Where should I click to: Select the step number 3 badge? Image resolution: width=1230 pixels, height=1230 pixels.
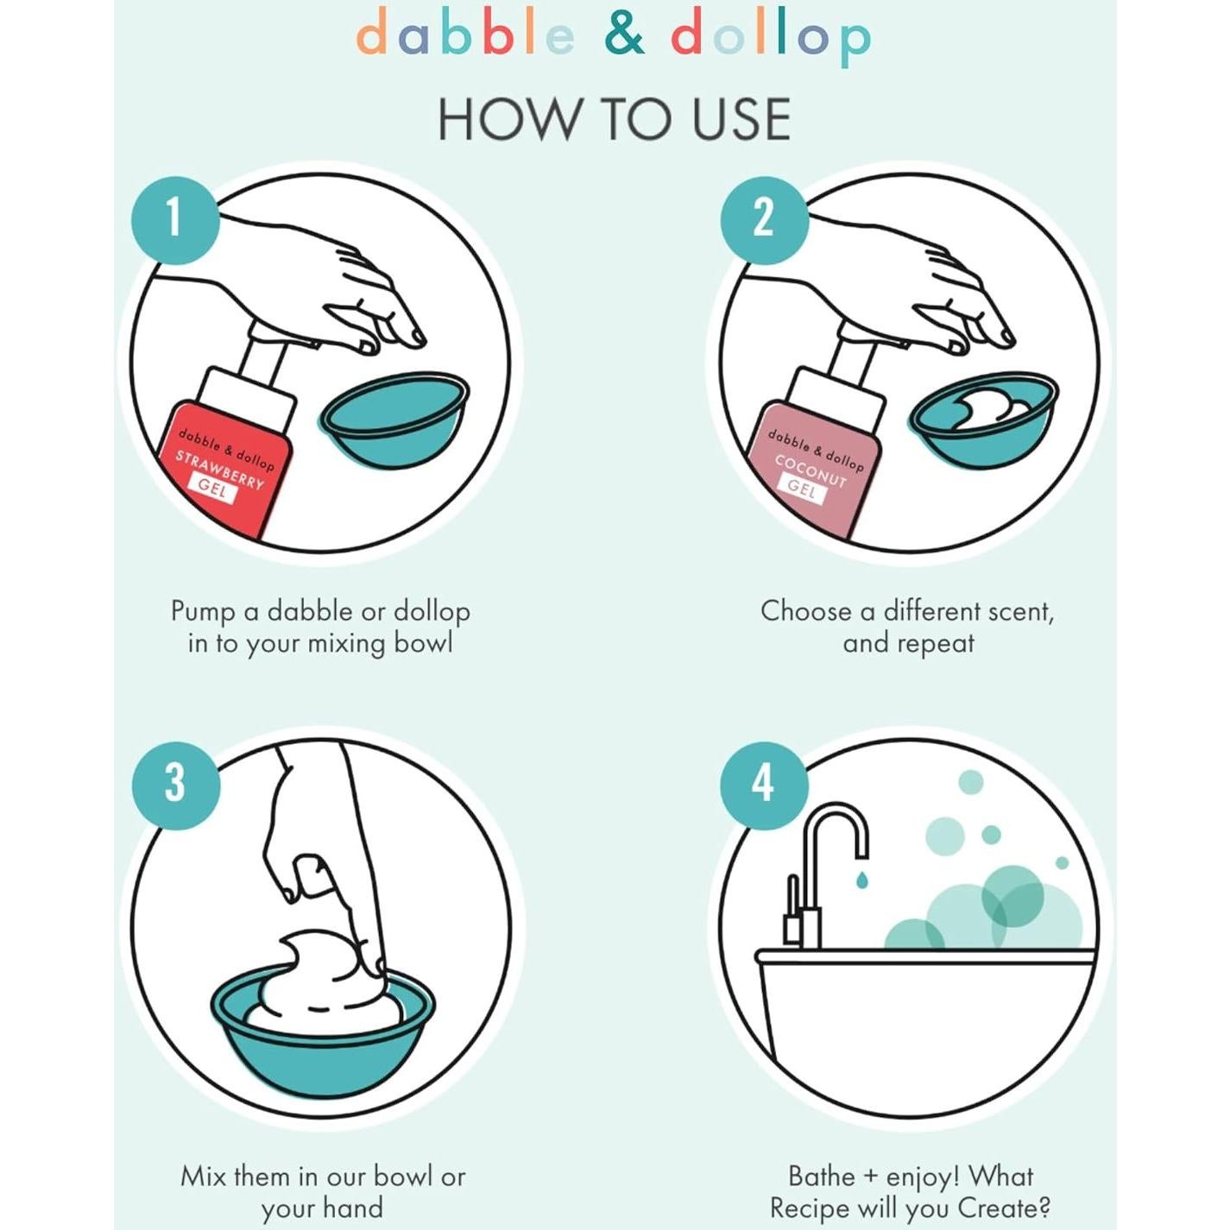click(x=175, y=785)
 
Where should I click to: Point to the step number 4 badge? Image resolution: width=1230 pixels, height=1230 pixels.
click(x=764, y=785)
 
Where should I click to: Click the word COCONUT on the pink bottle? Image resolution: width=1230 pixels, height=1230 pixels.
click(x=811, y=470)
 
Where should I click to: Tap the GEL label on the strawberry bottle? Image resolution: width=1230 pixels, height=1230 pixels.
click(x=211, y=489)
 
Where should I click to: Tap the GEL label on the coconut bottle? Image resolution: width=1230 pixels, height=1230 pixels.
click(x=803, y=489)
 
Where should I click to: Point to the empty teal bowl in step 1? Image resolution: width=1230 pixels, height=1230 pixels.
click(x=394, y=419)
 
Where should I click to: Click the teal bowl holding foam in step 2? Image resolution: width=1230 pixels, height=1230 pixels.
click(x=982, y=419)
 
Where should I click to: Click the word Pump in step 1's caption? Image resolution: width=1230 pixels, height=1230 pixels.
click(x=203, y=611)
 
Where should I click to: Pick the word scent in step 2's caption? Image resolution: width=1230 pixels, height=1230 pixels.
click(x=1020, y=611)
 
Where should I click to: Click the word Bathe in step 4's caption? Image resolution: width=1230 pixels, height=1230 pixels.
click(x=822, y=1176)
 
